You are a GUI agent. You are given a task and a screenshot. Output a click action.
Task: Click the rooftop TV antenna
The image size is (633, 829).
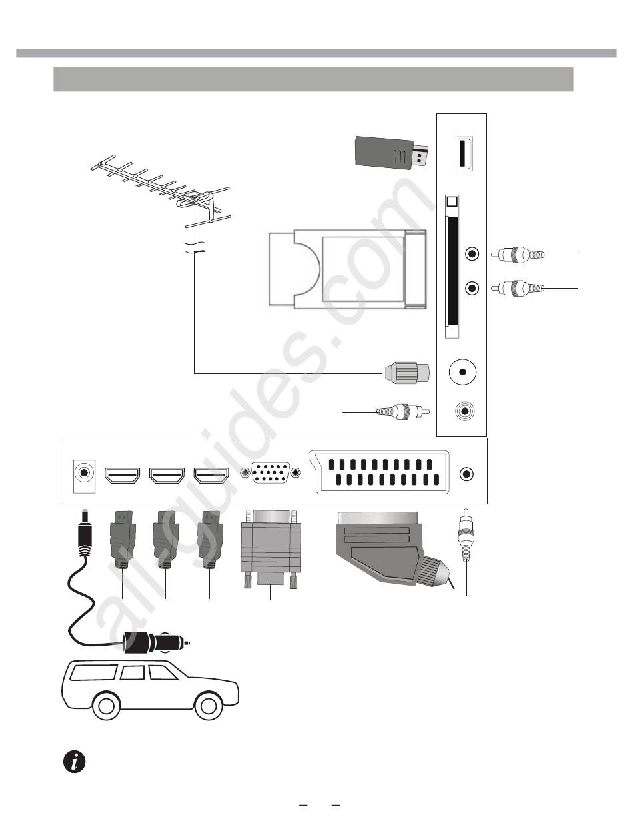(x=160, y=190)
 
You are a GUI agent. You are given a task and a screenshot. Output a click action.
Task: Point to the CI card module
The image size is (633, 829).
(x=346, y=268)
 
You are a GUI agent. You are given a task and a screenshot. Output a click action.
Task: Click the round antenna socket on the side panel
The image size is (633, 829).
(x=462, y=372)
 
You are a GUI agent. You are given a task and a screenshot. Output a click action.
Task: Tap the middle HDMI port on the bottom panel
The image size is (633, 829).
(x=166, y=475)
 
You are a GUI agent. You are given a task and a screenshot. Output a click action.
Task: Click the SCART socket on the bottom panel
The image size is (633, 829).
(x=379, y=473)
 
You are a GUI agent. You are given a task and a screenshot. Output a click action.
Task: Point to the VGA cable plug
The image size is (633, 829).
(x=270, y=550)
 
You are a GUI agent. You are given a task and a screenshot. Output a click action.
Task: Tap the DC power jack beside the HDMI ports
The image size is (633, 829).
(x=83, y=474)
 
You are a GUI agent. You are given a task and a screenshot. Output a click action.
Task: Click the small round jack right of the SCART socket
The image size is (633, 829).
(x=467, y=474)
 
